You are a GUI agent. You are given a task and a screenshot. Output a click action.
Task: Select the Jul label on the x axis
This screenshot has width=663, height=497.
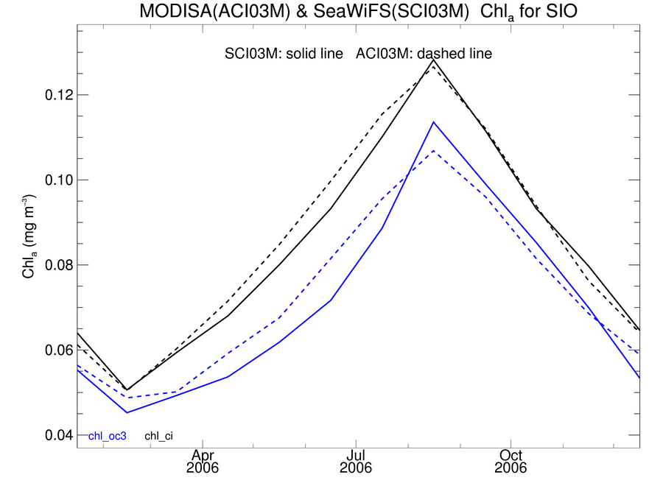[357, 456]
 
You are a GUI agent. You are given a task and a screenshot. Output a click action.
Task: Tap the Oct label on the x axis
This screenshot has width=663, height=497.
[511, 456]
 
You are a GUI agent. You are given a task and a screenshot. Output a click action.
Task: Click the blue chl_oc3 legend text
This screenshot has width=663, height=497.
[108, 436]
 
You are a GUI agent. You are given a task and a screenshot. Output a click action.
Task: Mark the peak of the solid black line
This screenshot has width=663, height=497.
[433, 60]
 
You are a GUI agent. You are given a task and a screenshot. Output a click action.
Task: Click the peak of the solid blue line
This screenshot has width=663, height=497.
[433, 122]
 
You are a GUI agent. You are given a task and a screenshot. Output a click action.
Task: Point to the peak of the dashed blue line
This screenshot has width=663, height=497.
[433, 150]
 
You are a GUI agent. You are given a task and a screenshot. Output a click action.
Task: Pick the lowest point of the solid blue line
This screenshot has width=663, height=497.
[127, 412]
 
